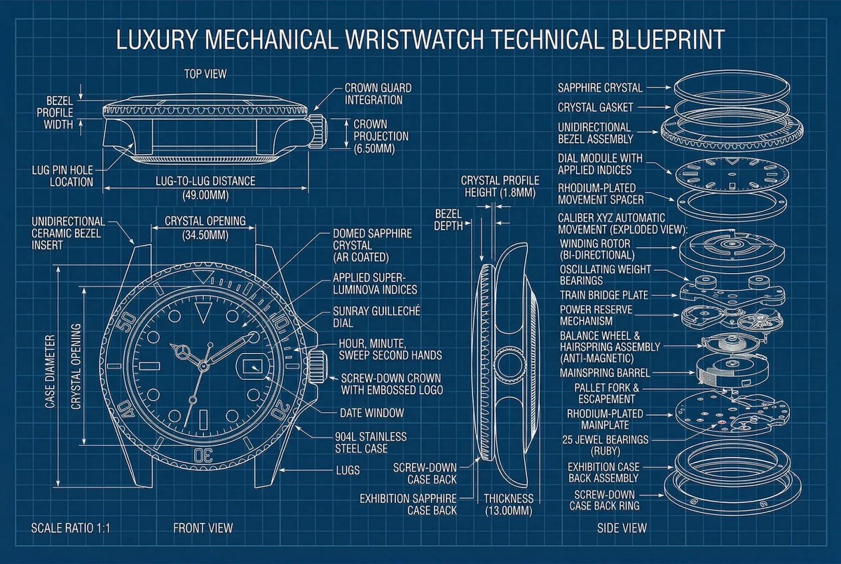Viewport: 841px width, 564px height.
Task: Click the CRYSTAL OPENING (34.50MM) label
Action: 205,228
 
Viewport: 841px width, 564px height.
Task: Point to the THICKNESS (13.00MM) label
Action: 509,504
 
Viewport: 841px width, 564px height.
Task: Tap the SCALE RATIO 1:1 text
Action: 71,528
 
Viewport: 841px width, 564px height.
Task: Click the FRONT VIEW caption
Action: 203,528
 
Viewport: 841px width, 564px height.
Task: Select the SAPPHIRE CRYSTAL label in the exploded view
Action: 600,88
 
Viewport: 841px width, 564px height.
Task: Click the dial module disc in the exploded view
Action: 730,172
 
